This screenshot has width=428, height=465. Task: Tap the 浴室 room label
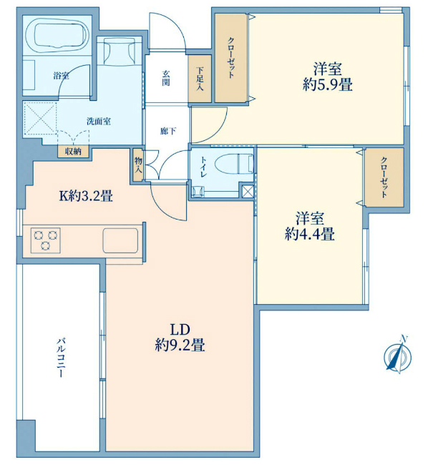tap(62, 76)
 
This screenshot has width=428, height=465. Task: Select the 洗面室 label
tap(99, 121)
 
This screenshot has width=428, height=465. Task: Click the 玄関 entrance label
tap(166, 78)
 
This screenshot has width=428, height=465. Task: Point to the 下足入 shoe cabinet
tap(200, 79)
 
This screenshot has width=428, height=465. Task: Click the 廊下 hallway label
tap(168, 131)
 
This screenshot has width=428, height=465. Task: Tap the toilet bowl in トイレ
tap(234, 163)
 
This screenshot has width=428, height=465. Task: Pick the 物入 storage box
tap(138, 165)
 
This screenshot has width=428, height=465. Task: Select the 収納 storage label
tap(73, 152)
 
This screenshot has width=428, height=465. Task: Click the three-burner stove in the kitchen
tap(46, 240)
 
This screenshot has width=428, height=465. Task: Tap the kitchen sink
tap(120, 240)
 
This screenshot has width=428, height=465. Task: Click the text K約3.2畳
tap(86, 196)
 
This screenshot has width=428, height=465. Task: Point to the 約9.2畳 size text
tap(180, 346)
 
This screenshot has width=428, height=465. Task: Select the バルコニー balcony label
tap(61, 357)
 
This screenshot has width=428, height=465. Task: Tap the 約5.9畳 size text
tap(328, 85)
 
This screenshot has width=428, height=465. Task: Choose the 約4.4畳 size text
tap(310, 234)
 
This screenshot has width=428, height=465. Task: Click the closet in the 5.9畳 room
tap(231, 58)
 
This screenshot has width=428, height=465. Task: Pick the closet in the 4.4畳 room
tap(384, 177)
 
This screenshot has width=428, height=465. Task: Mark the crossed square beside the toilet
tap(248, 191)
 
